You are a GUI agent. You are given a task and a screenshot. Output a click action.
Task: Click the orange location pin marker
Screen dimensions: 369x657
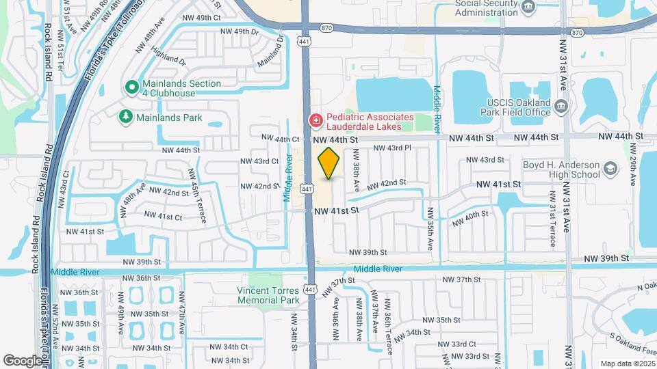click(x=329, y=163)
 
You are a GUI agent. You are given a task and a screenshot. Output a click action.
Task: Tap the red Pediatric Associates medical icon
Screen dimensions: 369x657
click(x=316, y=121)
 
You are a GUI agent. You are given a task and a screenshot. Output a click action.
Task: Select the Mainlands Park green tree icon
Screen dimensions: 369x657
click(x=125, y=118)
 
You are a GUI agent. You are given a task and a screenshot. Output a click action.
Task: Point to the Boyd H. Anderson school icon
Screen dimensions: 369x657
click(x=608, y=168)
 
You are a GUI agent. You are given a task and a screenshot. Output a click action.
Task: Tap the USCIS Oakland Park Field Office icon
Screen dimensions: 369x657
click(x=561, y=105)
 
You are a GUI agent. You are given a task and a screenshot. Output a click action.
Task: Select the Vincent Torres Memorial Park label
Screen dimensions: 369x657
click(x=268, y=295)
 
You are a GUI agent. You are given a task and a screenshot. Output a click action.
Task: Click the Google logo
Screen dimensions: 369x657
click(x=23, y=360)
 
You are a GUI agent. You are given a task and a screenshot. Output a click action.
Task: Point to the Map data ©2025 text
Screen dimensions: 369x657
click(x=627, y=364)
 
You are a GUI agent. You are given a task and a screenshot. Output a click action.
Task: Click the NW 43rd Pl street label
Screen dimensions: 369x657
click(x=391, y=148)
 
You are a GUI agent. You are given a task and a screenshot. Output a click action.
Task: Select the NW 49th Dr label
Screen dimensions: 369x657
click(x=240, y=31)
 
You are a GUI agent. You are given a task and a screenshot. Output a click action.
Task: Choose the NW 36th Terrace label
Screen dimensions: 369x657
click(x=388, y=316)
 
